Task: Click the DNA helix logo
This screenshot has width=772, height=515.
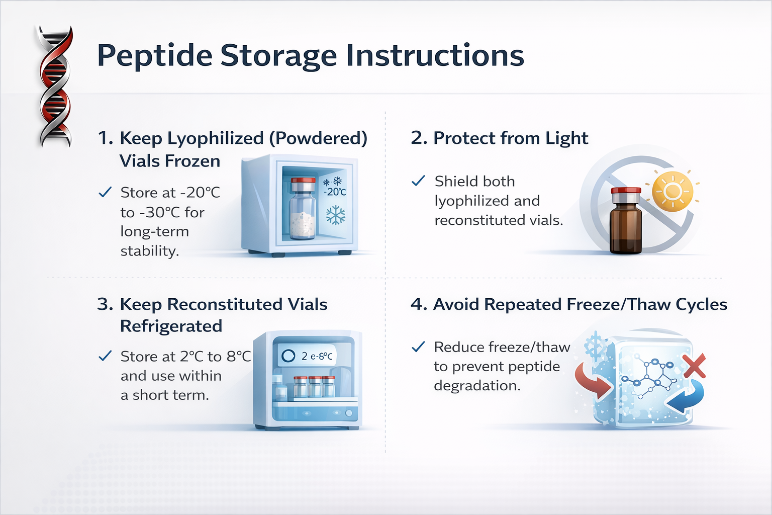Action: tap(55, 86)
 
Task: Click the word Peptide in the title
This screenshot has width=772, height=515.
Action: tap(154, 56)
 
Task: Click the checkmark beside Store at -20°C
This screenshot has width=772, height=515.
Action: tap(105, 192)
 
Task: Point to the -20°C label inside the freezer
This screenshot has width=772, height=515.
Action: tap(335, 192)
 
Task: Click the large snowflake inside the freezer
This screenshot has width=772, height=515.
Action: tap(336, 215)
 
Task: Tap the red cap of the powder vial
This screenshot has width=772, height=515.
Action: tap(303, 181)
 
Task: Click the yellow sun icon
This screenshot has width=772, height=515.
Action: tap(672, 191)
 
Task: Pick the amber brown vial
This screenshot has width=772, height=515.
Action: tap(626, 221)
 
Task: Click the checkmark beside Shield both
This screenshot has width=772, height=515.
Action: tap(418, 181)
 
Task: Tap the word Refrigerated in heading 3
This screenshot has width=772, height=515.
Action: tap(171, 326)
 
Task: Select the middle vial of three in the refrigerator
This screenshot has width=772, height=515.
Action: tap(315, 386)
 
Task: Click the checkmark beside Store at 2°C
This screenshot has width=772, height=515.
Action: tap(105, 356)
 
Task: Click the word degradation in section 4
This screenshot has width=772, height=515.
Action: tap(477, 386)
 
